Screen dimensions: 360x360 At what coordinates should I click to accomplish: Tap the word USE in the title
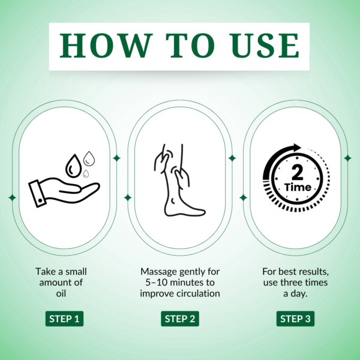pyautogui.click(x=265, y=46)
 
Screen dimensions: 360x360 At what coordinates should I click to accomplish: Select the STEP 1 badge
pyautogui.click(x=64, y=319)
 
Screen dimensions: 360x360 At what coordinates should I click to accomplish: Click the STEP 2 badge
pyautogui.click(x=180, y=319)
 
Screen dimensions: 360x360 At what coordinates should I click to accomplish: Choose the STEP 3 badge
pyautogui.click(x=295, y=319)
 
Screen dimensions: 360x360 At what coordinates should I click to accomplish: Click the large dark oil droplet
pyautogui.click(x=73, y=166)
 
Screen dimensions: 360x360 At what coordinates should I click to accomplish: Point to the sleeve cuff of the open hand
pyautogui.click(x=37, y=194)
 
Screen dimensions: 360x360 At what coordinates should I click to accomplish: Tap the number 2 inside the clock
pyautogui.click(x=298, y=172)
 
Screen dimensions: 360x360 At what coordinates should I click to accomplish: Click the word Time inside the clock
pyautogui.click(x=298, y=187)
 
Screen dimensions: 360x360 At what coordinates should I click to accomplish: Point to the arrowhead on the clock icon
pyautogui.click(x=296, y=148)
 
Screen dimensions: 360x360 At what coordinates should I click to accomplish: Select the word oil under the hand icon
pyautogui.click(x=61, y=293)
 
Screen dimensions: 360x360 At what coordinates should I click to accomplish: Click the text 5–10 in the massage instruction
pyautogui.click(x=156, y=283)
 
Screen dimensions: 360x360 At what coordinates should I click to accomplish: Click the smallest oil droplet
pyautogui.click(x=86, y=173)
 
